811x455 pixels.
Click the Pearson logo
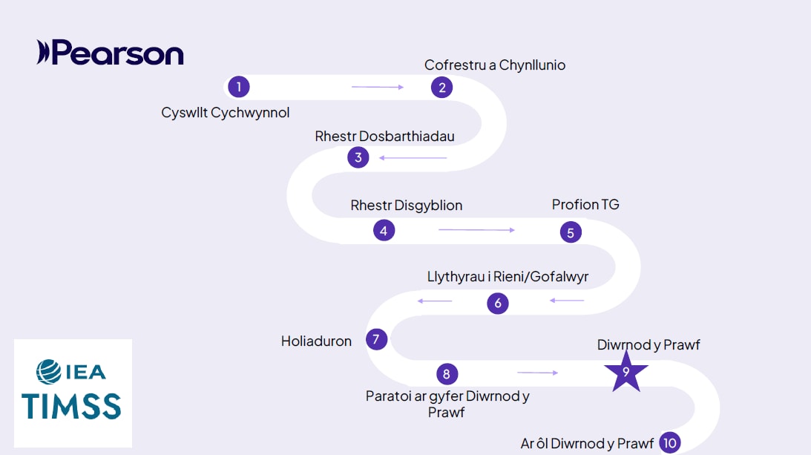[x=110, y=53]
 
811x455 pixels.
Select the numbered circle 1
[x=238, y=87]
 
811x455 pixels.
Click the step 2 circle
[x=441, y=87]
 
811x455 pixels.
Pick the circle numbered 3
[x=358, y=157]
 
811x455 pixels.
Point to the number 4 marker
[x=384, y=231]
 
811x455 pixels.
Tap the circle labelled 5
[x=570, y=232]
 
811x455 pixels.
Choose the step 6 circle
[x=498, y=303]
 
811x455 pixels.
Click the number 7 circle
[x=376, y=340]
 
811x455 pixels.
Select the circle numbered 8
[x=446, y=373]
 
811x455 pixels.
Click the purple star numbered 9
[x=626, y=373]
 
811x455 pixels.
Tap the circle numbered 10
[x=670, y=443]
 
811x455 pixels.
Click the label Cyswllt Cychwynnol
[x=226, y=113]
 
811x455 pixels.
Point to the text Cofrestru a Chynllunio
[x=495, y=65]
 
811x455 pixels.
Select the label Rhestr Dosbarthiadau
[x=384, y=137]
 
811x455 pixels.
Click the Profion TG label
[x=585, y=204]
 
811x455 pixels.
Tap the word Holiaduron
[x=316, y=341]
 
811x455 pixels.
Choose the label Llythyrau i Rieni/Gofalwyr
[x=508, y=277]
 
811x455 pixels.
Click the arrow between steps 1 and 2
[x=378, y=87]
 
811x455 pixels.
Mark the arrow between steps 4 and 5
[x=476, y=230]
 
